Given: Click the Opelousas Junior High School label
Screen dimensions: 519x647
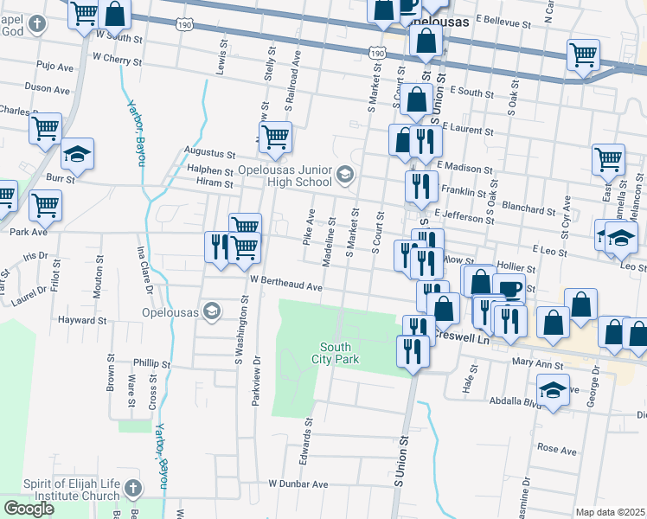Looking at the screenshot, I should click(x=285, y=176).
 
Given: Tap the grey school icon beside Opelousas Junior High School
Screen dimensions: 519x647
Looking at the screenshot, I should click(x=344, y=176).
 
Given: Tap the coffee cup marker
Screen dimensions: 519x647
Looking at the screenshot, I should click(x=509, y=289).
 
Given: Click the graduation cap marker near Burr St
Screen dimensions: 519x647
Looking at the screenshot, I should click(x=77, y=154).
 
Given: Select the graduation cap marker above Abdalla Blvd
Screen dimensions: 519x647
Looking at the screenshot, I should click(x=553, y=389).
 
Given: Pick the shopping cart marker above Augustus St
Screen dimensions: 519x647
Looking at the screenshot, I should click(x=275, y=137).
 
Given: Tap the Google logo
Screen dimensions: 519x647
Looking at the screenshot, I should click(x=29, y=509).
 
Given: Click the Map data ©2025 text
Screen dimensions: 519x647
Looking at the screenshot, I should click(x=609, y=512).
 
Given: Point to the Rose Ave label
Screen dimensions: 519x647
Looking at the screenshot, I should click(x=556, y=450).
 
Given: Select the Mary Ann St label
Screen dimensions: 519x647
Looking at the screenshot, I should click(x=531, y=363).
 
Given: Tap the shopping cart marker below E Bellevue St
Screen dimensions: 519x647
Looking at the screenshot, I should click(x=583, y=54).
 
